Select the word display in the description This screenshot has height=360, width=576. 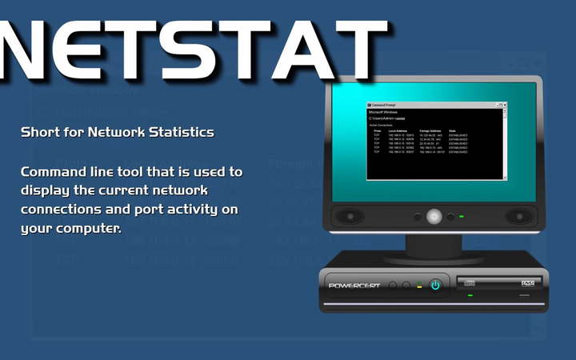tap(46, 191)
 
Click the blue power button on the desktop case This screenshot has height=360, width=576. tap(435, 285)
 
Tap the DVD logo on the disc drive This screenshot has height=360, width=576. tap(527, 282)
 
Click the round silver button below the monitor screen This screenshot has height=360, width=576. tap(434, 216)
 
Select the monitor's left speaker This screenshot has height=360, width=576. tap(349, 216)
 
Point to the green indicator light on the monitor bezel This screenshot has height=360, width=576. tap(462, 217)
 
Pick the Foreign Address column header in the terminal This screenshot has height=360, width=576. tap(430, 130)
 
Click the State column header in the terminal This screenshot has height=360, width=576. tap(453, 130)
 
